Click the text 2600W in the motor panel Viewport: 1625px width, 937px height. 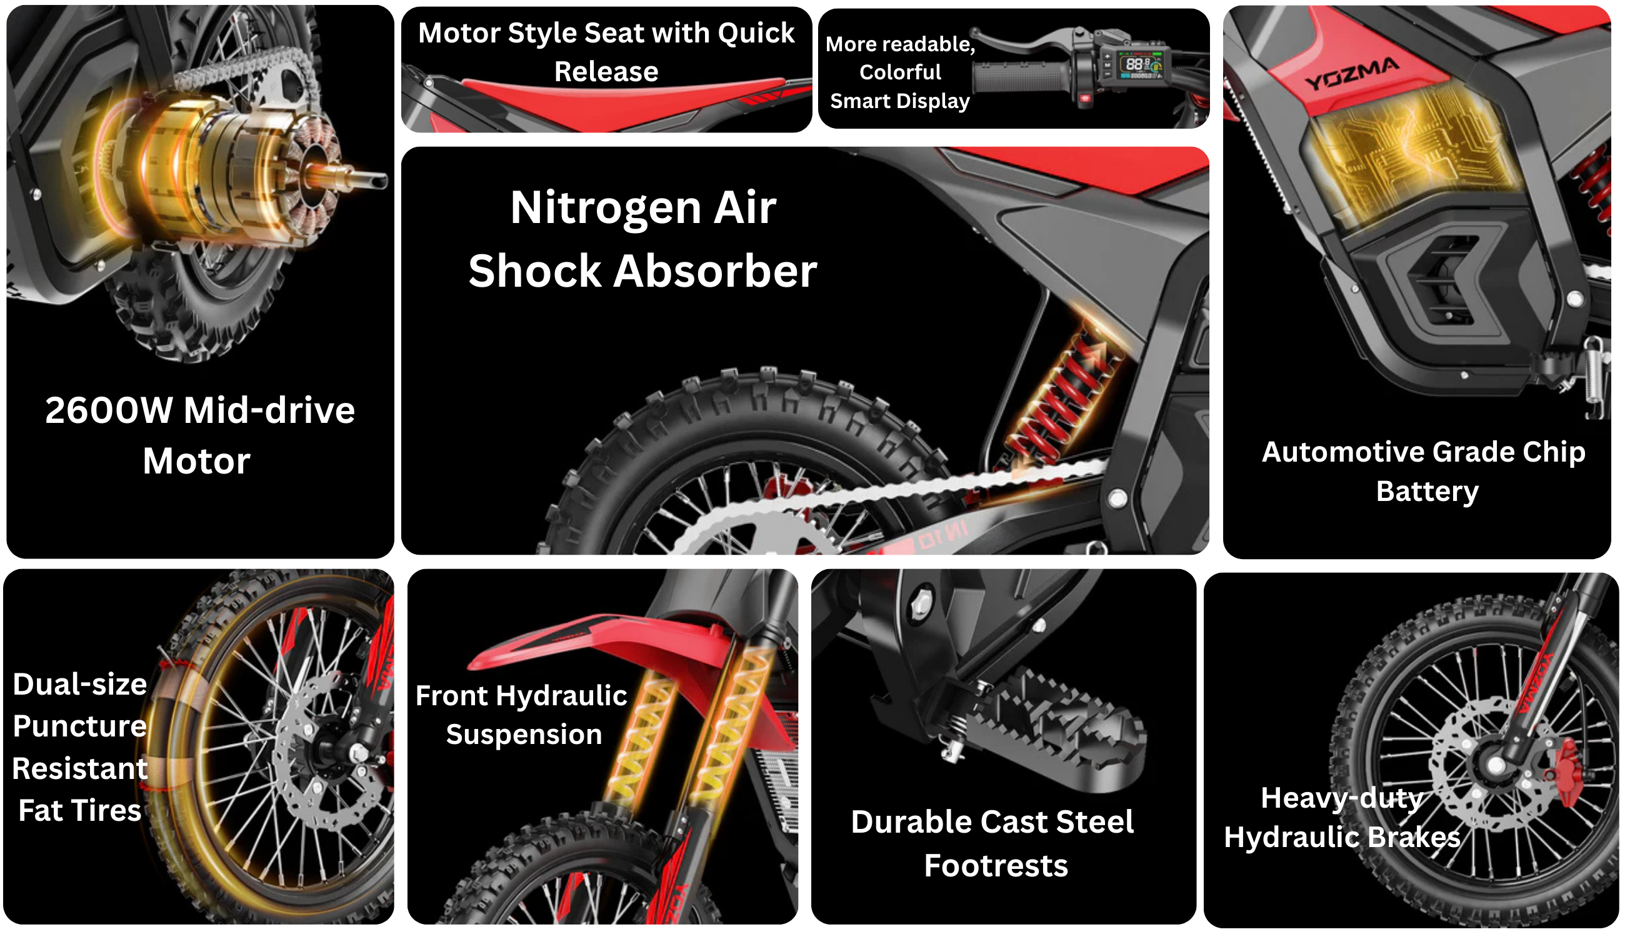tap(109, 410)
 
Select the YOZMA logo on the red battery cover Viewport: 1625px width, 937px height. tap(1351, 74)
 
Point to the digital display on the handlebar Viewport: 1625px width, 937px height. tap(1141, 64)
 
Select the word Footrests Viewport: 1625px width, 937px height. tap(996, 866)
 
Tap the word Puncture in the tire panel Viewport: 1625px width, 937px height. tap(80, 727)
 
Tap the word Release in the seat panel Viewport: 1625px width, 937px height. tap(606, 71)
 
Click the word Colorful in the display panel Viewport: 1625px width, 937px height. tap(900, 72)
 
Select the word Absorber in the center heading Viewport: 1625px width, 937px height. tap(715, 271)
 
